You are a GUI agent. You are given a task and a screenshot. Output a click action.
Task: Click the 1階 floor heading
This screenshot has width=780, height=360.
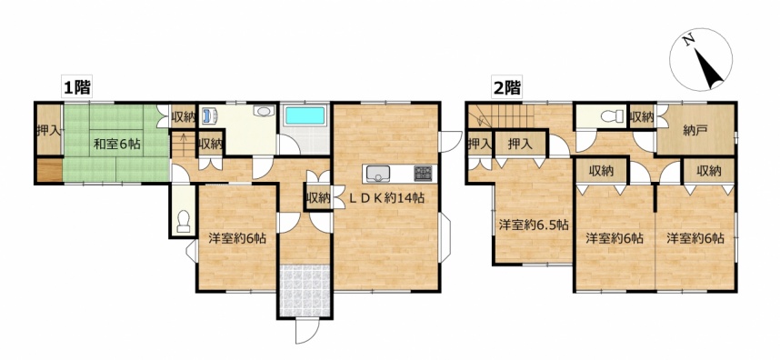point(76,88)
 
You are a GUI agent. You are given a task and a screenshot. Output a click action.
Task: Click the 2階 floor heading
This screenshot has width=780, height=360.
point(506,88)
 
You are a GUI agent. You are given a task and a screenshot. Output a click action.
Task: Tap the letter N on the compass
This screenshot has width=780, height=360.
point(689,41)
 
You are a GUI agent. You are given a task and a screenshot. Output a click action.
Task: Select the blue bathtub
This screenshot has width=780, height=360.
point(305,115)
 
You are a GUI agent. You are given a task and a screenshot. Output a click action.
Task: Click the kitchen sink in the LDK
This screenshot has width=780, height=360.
point(379,174)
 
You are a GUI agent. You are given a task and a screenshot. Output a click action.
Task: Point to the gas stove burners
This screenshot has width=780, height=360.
point(423,173)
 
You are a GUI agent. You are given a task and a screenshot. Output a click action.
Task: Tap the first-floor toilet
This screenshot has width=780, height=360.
point(184,221)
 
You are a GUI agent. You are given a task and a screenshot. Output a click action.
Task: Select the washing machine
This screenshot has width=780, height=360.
point(209,115)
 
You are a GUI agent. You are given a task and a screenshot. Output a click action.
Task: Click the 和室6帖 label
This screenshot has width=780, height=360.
point(117,145)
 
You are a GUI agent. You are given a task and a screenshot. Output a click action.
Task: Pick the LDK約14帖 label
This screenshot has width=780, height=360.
point(385,198)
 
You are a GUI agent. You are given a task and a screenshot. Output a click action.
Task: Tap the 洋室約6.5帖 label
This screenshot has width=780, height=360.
point(534,225)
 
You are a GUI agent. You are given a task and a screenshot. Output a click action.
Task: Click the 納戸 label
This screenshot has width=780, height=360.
point(695,131)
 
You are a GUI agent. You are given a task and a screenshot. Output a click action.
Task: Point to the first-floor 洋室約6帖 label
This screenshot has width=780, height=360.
point(236,238)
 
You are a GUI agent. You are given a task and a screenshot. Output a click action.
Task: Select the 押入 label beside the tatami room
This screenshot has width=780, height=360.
point(49,131)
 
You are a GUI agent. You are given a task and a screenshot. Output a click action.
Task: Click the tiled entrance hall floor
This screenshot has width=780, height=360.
point(305,290)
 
